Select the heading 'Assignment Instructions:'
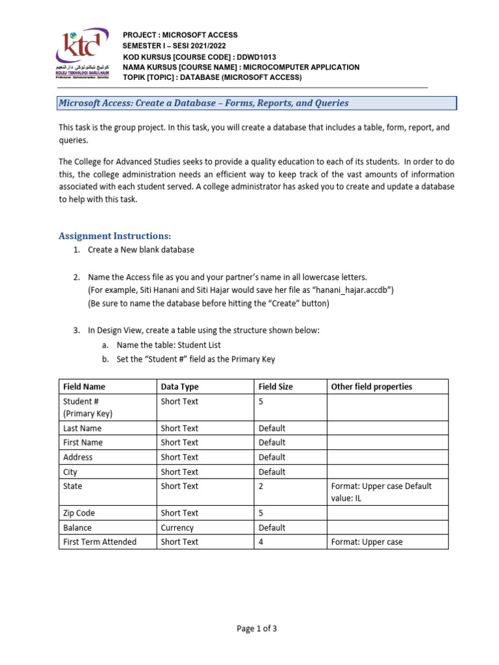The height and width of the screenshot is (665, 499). click(x=115, y=236)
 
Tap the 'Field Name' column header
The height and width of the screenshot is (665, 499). click(x=84, y=386)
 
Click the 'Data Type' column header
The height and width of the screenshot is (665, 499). click(x=180, y=386)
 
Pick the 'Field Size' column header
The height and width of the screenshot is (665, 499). click(x=275, y=386)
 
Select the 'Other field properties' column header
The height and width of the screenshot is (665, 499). click(x=372, y=386)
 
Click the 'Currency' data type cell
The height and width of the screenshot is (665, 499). click(x=177, y=528)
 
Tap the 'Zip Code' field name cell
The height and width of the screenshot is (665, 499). click(x=79, y=513)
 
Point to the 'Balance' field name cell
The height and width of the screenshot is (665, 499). click(x=77, y=528)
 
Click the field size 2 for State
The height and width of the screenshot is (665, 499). click(x=261, y=486)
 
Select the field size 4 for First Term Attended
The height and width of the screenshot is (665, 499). click(x=261, y=542)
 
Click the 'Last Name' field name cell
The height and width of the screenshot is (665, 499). click(x=83, y=429)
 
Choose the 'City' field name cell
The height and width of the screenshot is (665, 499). click(x=70, y=472)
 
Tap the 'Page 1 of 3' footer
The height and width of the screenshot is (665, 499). click(x=249, y=628)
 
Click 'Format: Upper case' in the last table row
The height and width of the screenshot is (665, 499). click(x=367, y=542)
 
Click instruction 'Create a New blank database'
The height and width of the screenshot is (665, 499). click(x=141, y=250)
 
